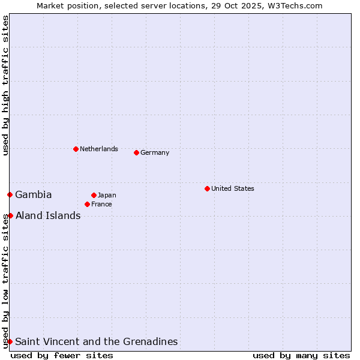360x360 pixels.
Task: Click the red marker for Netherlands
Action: tap(76, 149)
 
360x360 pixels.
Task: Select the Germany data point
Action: tap(136, 152)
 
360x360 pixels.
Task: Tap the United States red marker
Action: tap(207, 188)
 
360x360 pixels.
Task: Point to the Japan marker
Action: tap(94, 195)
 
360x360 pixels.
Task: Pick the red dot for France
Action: tap(87, 204)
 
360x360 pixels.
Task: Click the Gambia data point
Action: tap(10, 194)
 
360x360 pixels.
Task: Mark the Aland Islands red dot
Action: tap(10, 215)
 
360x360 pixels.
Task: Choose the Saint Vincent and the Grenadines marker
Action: tap(10, 341)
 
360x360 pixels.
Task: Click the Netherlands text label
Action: tap(99, 149)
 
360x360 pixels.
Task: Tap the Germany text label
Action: tap(155, 152)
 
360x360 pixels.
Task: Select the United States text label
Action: tap(233, 188)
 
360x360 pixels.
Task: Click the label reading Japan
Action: tap(107, 195)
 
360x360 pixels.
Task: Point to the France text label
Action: tap(101, 204)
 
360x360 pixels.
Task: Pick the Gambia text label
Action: tap(34, 194)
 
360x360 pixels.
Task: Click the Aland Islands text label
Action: tap(48, 215)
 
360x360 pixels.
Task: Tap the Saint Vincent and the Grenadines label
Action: tap(97, 341)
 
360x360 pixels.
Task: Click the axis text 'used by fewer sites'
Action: tap(62, 355)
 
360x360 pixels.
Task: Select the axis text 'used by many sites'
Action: tap(301, 355)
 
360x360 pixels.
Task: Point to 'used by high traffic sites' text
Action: tap(5, 85)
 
